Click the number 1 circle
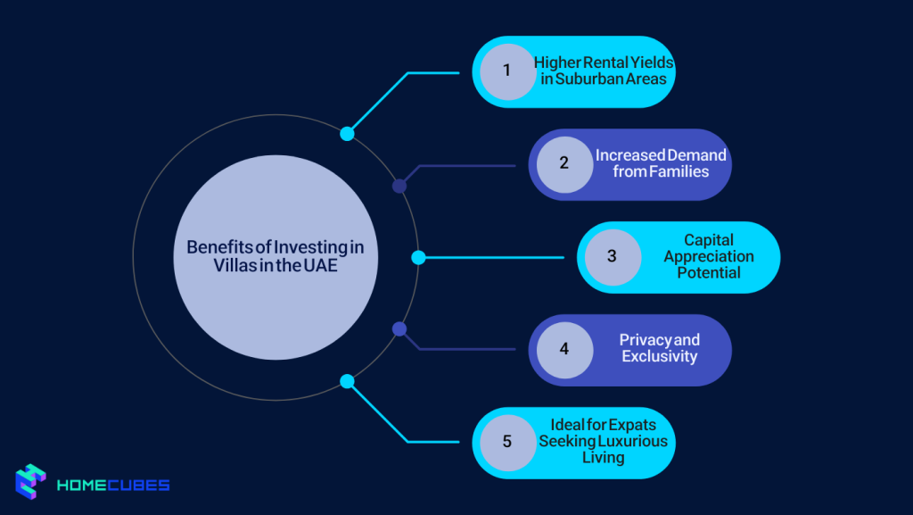(506, 71)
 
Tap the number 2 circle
(563, 164)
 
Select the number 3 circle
(613, 257)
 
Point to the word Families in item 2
(674, 171)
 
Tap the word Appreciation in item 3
(709, 256)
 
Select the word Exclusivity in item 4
(660, 356)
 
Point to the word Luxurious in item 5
(634, 442)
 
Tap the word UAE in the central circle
(320, 265)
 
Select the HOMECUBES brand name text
(113, 486)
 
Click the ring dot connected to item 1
(348, 134)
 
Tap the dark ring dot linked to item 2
(399, 186)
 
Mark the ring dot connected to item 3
(418, 257)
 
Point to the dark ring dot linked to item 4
(399, 328)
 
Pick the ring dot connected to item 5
(348, 381)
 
